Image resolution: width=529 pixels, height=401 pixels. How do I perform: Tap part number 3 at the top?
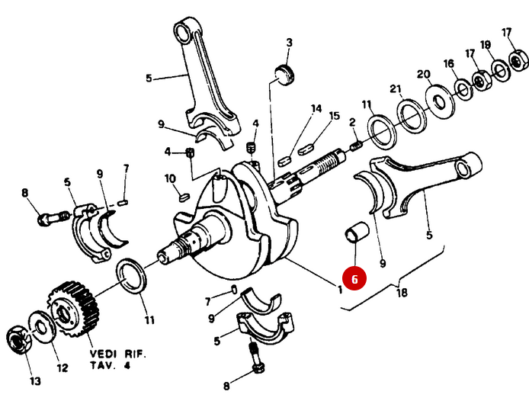coord(289,42)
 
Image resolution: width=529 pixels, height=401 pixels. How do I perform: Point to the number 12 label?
coord(63,368)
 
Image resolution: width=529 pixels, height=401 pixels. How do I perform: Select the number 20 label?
coord(424,74)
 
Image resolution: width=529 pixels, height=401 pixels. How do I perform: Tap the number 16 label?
coord(449,63)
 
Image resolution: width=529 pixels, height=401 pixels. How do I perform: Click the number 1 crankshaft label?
coord(339,288)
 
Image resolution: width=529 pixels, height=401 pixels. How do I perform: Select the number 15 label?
coord(334,116)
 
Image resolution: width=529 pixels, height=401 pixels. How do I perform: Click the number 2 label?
coord(353,122)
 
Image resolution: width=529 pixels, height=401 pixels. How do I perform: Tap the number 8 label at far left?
coord(25,194)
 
